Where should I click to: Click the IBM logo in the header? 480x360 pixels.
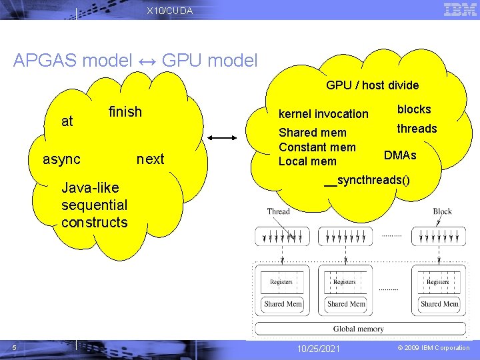pyautogui.click(x=459, y=9)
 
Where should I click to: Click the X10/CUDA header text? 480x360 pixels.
pyautogui.click(x=169, y=11)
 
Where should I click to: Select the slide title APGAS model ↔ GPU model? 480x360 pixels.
pyautogui.click(x=135, y=61)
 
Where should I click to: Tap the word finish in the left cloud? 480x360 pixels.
pyautogui.click(x=125, y=111)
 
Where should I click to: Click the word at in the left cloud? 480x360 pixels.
pyautogui.click(x=67, y=121)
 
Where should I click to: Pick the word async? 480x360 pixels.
pyautogui.click(x=61, y=159)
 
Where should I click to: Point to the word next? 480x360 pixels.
pyautogui.click(x=150, y=159)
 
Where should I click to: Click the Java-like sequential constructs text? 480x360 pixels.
pyautogui.click(x=94, y=205)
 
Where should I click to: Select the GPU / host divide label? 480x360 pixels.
pyautogui.click(x=372, y=85)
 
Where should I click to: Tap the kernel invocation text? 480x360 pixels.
pyautogui.click(x=323, y=114)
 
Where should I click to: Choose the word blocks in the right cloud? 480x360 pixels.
pyautogui.click(x=414, y=109)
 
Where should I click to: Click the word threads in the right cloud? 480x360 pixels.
pyautogui.click(x=417, y=129)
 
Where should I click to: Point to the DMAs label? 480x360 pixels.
pyautogui.click(x=400, y=155)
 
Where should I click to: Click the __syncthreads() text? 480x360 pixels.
pyautogui.click(x=367, y=181)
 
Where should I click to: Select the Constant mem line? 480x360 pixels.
pyautogui.click(x=317, y=147)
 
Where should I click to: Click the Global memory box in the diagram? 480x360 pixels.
pyautogui.click(x=358, y=329)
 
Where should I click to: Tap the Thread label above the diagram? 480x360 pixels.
pyautogui.click(x=278, y=211)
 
